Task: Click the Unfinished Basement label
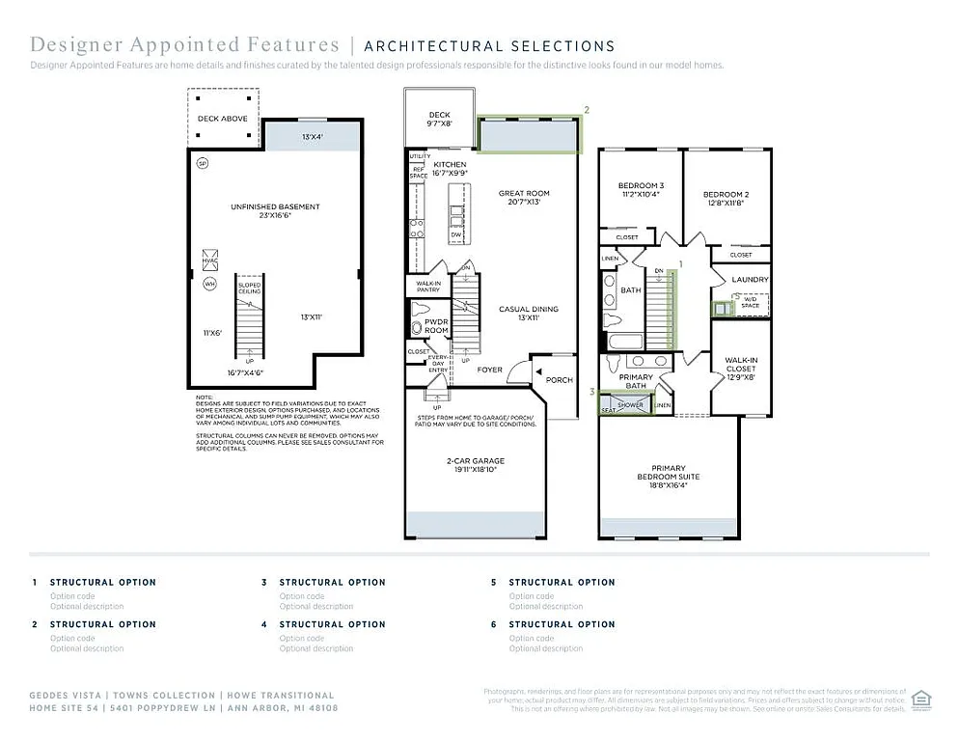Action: click(275, 206)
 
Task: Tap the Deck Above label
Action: click(223, 119)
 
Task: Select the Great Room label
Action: click(525, 194)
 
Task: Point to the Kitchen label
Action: click(450, 165)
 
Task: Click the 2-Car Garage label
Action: click(475, 461)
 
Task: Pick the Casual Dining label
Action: click(528, 310)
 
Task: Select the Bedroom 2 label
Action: click(726, 195)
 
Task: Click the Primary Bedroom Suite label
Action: click(669, 472)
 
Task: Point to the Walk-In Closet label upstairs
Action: click(741, 365)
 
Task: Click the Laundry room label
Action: click(750, 280)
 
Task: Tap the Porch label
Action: click(560, 380)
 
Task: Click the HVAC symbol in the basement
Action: click(209, 259)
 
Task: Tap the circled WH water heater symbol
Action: click(209, 284)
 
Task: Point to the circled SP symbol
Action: click(203, 163)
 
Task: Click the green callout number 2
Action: click(587, 110)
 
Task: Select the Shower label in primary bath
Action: click(630, 405)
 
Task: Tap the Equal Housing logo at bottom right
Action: click(920, 698)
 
